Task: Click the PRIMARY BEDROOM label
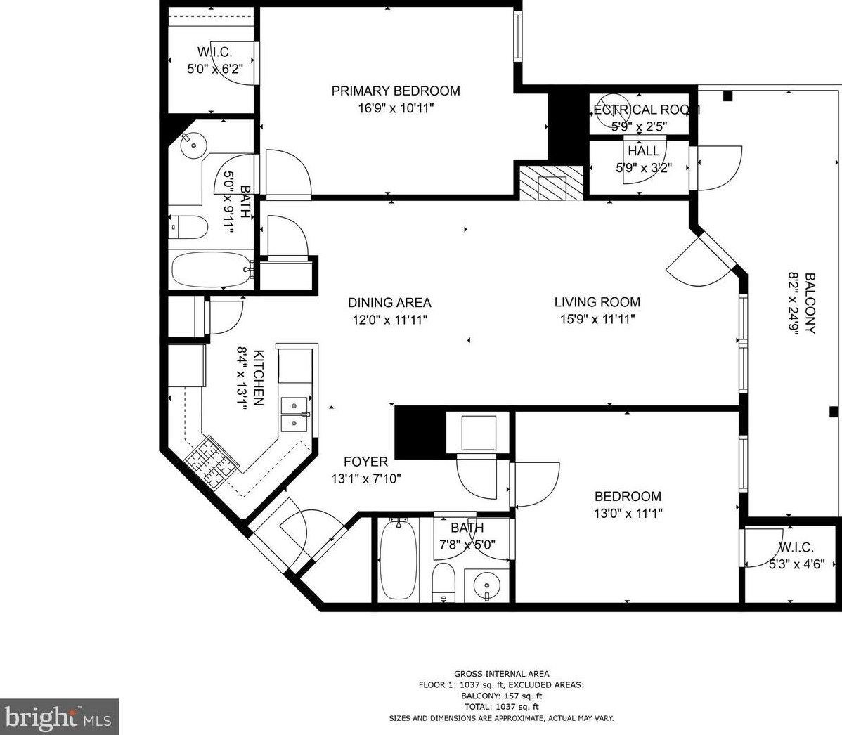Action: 396,91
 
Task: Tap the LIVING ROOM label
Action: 597,302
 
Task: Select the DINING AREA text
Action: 389,303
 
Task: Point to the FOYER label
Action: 365,462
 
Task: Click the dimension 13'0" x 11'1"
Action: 628,514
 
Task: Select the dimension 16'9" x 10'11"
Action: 396,108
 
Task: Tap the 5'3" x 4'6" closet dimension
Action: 796,563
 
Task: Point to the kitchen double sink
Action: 294,415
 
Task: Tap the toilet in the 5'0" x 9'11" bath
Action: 189,228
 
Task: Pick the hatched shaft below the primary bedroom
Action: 551,183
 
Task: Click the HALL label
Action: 643,151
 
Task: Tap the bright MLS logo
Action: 60,717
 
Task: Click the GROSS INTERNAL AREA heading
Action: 501,674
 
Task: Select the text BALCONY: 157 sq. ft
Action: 501,696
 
